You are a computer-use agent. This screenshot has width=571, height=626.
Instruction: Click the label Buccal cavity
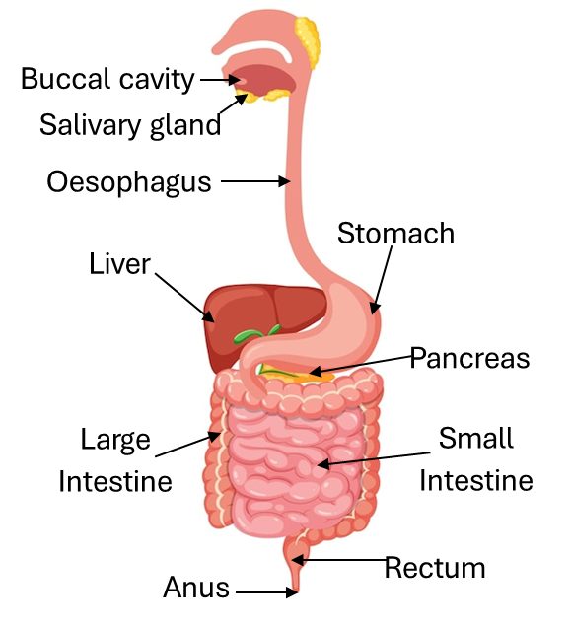click(107, 79)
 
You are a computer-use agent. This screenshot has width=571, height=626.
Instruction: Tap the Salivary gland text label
click(130, 125)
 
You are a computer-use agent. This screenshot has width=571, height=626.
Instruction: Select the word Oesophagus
click(129, 182)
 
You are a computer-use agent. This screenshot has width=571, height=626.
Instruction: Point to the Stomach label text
click(395, 233)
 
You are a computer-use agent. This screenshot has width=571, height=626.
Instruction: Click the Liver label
click(119, 263)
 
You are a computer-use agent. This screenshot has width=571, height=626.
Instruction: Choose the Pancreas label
click(469, 358)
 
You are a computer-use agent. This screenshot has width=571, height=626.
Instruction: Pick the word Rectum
click(435, 567)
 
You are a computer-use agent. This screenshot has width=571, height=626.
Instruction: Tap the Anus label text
click(196, 587)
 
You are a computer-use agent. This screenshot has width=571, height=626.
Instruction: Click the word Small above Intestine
click(476, 438)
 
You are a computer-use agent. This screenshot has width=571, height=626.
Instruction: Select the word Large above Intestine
click(115, 440)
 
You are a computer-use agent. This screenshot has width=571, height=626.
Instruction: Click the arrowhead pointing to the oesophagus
click(284, 181)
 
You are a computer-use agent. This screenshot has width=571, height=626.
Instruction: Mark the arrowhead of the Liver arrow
click(208, 315)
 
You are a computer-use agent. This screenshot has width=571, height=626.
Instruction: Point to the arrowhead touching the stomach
click(374, 307)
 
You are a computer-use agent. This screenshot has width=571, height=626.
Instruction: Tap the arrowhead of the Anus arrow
click(292, 592)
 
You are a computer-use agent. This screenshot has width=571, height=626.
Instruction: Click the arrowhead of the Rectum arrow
click(298, 560)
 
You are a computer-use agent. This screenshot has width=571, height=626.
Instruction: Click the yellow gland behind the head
click(308, 40)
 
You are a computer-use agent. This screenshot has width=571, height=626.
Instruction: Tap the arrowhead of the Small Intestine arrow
click(323, 464)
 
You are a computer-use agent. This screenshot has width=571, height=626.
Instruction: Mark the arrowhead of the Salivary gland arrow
click(242, 99)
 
